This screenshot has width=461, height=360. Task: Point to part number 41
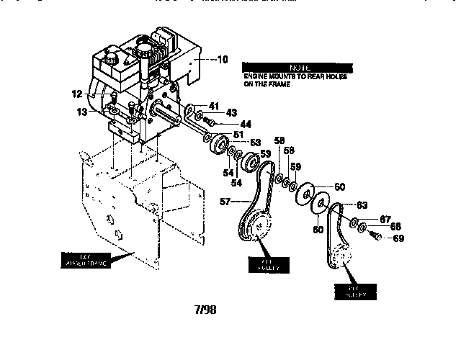(214, 106)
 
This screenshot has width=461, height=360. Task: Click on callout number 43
(231, 113)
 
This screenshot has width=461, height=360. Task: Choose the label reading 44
(245, 124)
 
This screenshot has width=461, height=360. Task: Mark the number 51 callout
(238, 134)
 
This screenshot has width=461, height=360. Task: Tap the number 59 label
(296, 168)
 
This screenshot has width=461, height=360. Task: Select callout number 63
(362, 205)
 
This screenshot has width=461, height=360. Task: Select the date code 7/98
(205, 311)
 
